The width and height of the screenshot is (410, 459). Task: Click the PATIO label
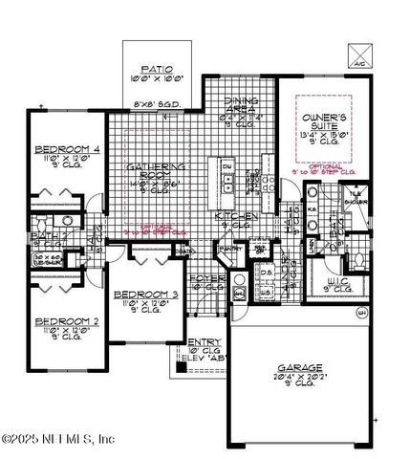point(157,69)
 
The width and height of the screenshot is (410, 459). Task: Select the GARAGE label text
point(299,366)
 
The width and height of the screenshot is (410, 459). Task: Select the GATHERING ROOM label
point(154,172)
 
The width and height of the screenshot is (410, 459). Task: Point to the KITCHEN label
point(235,217)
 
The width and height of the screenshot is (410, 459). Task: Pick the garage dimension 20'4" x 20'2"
point(299,377)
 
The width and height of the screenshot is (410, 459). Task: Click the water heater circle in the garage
point(361,313)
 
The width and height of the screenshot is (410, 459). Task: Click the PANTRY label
point(228,249)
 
